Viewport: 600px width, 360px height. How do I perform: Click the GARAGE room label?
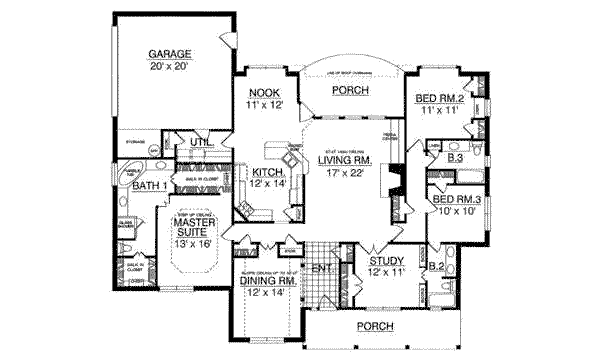[x=170, y=53]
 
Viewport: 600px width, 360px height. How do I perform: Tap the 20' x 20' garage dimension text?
[x=170, y=66]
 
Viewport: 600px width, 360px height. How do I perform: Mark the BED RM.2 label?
[x=440, y=99]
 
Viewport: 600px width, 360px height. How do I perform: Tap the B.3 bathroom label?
[x=456, y=158]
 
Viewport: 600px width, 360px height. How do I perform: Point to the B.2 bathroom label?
[x=436, y=266]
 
